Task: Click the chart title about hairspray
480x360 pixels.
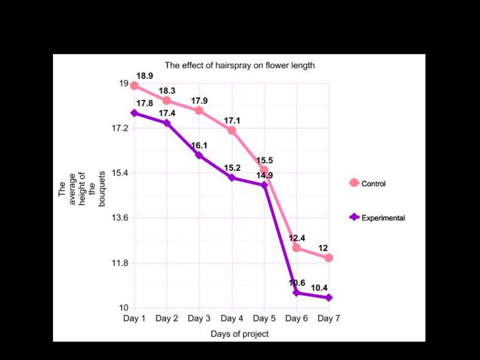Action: click(x=240, y=66)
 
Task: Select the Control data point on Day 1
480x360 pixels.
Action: click(x=135, y=85)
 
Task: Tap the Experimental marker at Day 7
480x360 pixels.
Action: click(x=329, y=298)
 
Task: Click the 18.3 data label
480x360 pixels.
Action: click(x=167, y=91)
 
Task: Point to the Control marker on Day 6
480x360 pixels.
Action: click(x=296, y=247)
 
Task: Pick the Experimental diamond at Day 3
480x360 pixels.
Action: click(x=199, y=155)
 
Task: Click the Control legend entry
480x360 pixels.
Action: click(x=368, y=183)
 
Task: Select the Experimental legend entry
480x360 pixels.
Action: click(x=377, y=217)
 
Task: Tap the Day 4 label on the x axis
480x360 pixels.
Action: click(x=232, y=319)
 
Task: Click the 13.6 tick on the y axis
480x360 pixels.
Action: click(x=120, y=217)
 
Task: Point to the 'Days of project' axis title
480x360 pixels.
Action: click(x=240, y=334)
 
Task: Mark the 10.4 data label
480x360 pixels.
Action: click(x=319, y=287)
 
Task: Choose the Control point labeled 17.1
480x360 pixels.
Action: click(x=232, y=130)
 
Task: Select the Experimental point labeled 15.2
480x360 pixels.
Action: click(x=232, y=178)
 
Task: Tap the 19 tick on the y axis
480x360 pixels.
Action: click(x=124, y=83)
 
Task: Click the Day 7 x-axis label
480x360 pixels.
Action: click(x=329, y=319)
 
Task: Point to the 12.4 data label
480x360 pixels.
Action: click(x=297, y=238)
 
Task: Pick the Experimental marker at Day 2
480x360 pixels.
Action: click(x=167, y=123)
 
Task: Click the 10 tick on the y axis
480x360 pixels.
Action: click(x=124, y=308)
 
